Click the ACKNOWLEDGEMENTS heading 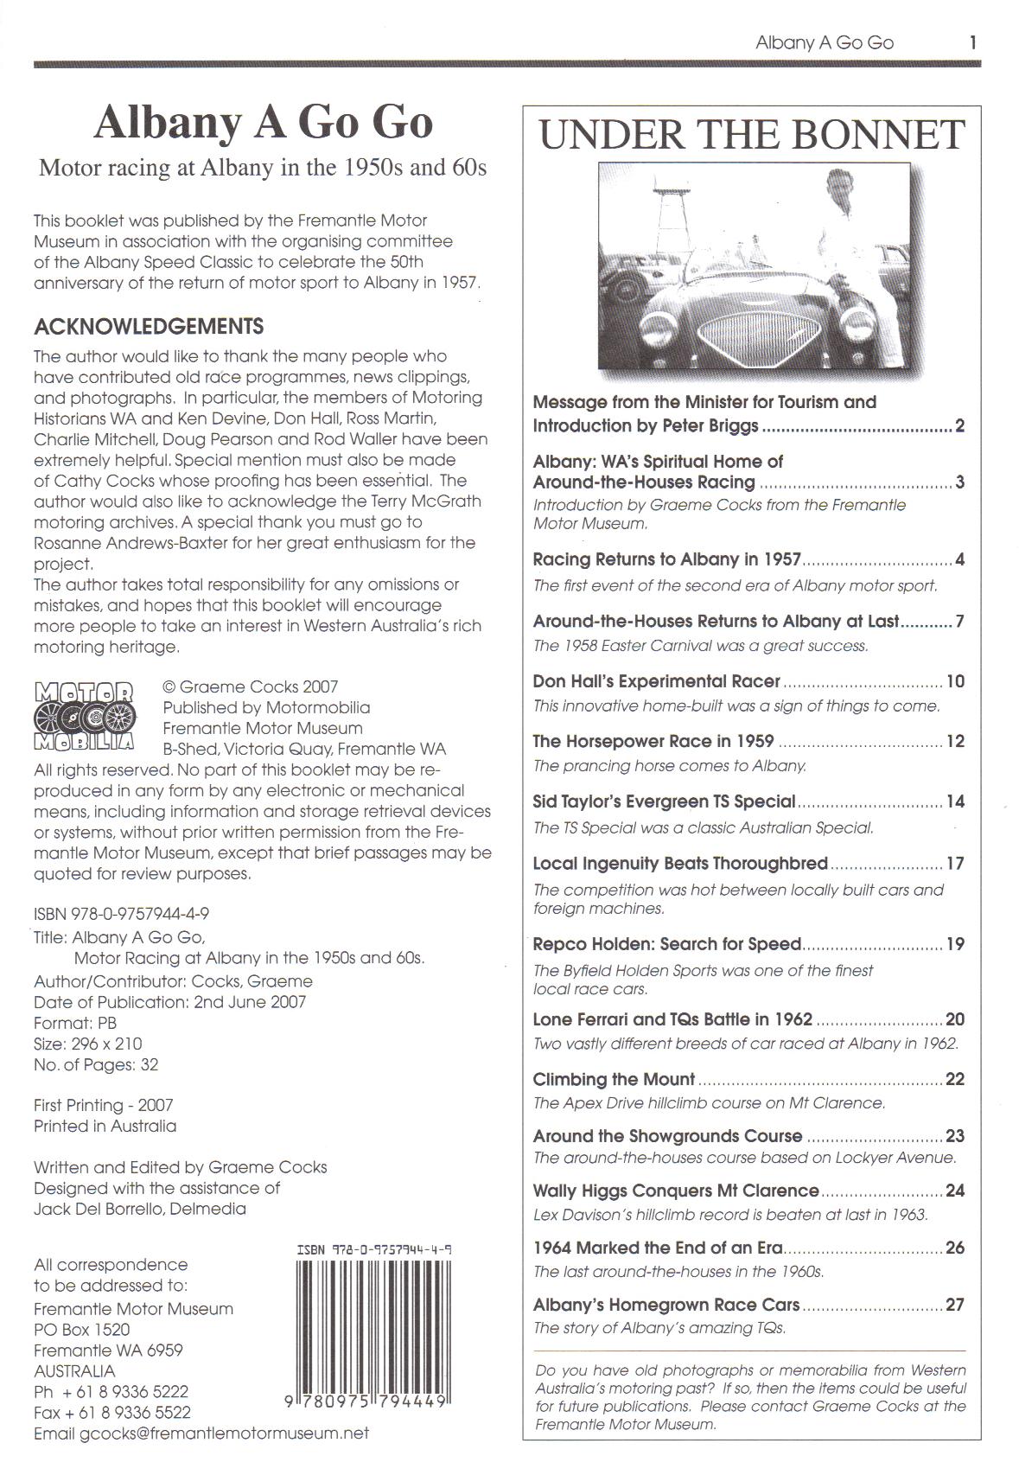(x=149, y=327)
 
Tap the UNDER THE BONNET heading (x=751, y=135)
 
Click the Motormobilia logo (x=84, y=716)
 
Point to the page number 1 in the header (x=973, y=42)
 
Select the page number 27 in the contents (x=954, y=1305)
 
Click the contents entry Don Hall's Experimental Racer (x=657, y=681)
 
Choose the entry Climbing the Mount (x=615, y=1079)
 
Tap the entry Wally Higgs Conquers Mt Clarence (x=676, y=1191)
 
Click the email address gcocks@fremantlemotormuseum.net (x=201, y=1433)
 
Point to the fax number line (x=112, y=1412)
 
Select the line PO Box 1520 (x=82, y=1329)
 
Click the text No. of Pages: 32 (x=96, y=1064)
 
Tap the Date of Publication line (x=169, y=1002)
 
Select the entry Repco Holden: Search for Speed (x=667, y=944)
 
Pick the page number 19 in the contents (x=955, y=944)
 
